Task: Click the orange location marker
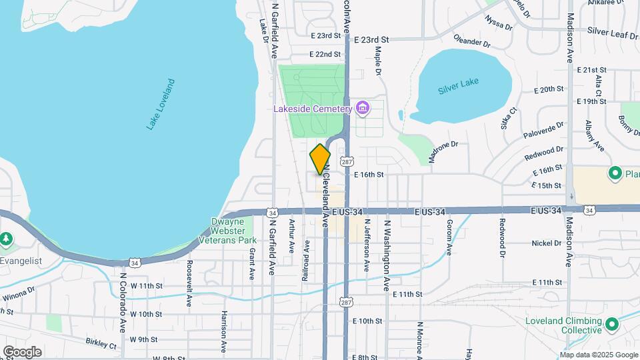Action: coord(320,159)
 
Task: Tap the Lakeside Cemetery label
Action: coord(312,109)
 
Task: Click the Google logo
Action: coord(22,351)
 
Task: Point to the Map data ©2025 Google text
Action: coord(599,354)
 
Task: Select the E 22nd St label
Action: coord(325,54)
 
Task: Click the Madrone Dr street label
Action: coord(444,151)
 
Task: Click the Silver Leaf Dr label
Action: coord(612,32)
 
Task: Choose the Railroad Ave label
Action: coord(306,261)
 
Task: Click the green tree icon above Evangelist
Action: coord(7,238)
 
